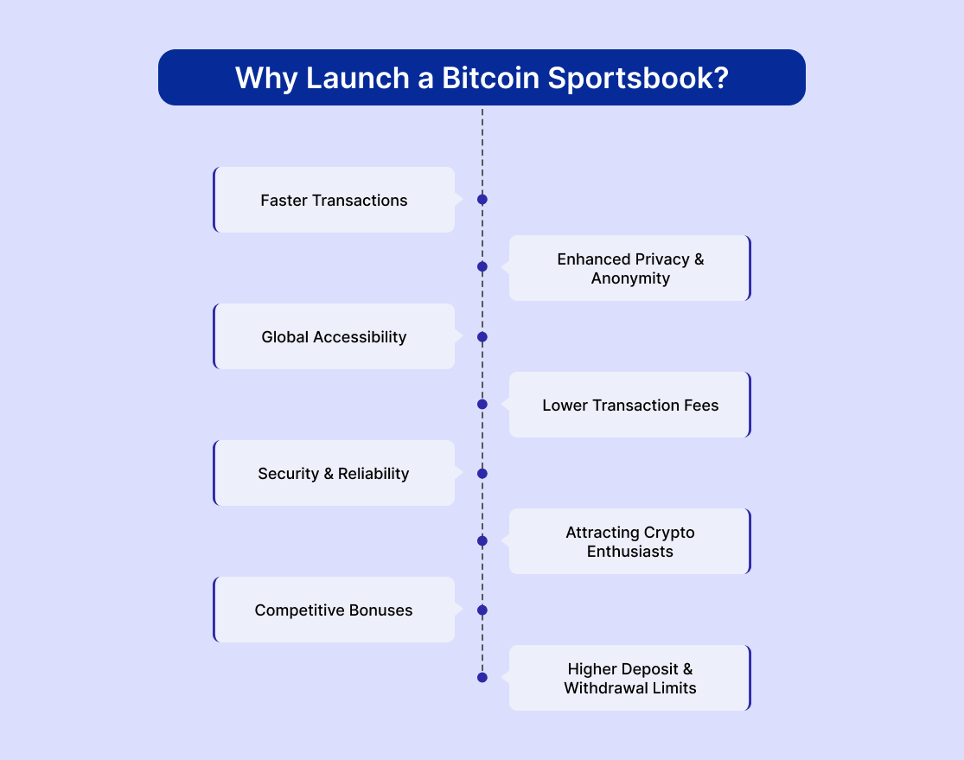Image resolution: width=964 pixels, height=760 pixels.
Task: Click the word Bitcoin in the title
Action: pos(490,78)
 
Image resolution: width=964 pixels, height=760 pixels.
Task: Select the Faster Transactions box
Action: pos(334,200)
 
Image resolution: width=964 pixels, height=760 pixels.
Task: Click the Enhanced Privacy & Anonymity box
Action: pos(630,268)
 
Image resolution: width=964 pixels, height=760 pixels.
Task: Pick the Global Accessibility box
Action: pos(334,336)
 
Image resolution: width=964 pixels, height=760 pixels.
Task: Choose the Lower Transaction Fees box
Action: pos(630,405)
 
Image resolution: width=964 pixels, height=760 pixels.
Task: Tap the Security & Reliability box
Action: pos(334,473)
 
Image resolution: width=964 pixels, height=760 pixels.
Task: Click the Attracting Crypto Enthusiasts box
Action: pos(630,541)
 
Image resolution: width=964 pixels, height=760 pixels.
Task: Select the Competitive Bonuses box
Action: pos(334,610)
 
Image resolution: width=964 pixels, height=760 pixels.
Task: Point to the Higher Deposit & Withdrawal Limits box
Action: pos(630,678)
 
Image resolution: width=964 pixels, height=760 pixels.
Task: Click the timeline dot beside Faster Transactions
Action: pos(482,199)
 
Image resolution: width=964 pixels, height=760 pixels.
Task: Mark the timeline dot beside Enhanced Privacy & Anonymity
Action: pos(482,266)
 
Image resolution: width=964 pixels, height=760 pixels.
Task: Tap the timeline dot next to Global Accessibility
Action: pos(482,337)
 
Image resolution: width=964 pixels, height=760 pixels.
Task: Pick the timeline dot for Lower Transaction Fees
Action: pos(482,404)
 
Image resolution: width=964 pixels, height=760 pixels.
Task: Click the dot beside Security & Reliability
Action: pos(482,474)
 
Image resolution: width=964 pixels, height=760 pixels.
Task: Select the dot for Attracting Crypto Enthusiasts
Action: pos(482,540)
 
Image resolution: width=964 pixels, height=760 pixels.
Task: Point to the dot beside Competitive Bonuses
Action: pos(482,610)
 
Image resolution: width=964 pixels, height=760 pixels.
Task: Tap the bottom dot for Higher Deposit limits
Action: pos(482,677)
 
